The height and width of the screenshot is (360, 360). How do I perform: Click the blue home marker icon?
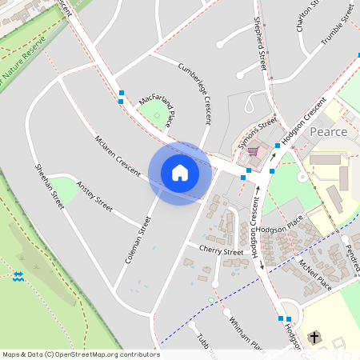(x=180, y=173)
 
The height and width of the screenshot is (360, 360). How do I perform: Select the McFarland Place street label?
(x=155, y=110)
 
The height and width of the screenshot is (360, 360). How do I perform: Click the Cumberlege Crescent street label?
(x=195, y=92)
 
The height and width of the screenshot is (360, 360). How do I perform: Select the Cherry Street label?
(x=221, y=251)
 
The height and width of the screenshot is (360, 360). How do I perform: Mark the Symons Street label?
(x=257, y=133)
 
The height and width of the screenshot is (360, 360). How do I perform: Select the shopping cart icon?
(x=253, y=150)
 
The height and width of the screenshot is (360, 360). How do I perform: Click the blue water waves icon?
(x=18, y=275)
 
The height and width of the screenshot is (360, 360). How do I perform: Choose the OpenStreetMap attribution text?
(x=80, y=354)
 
